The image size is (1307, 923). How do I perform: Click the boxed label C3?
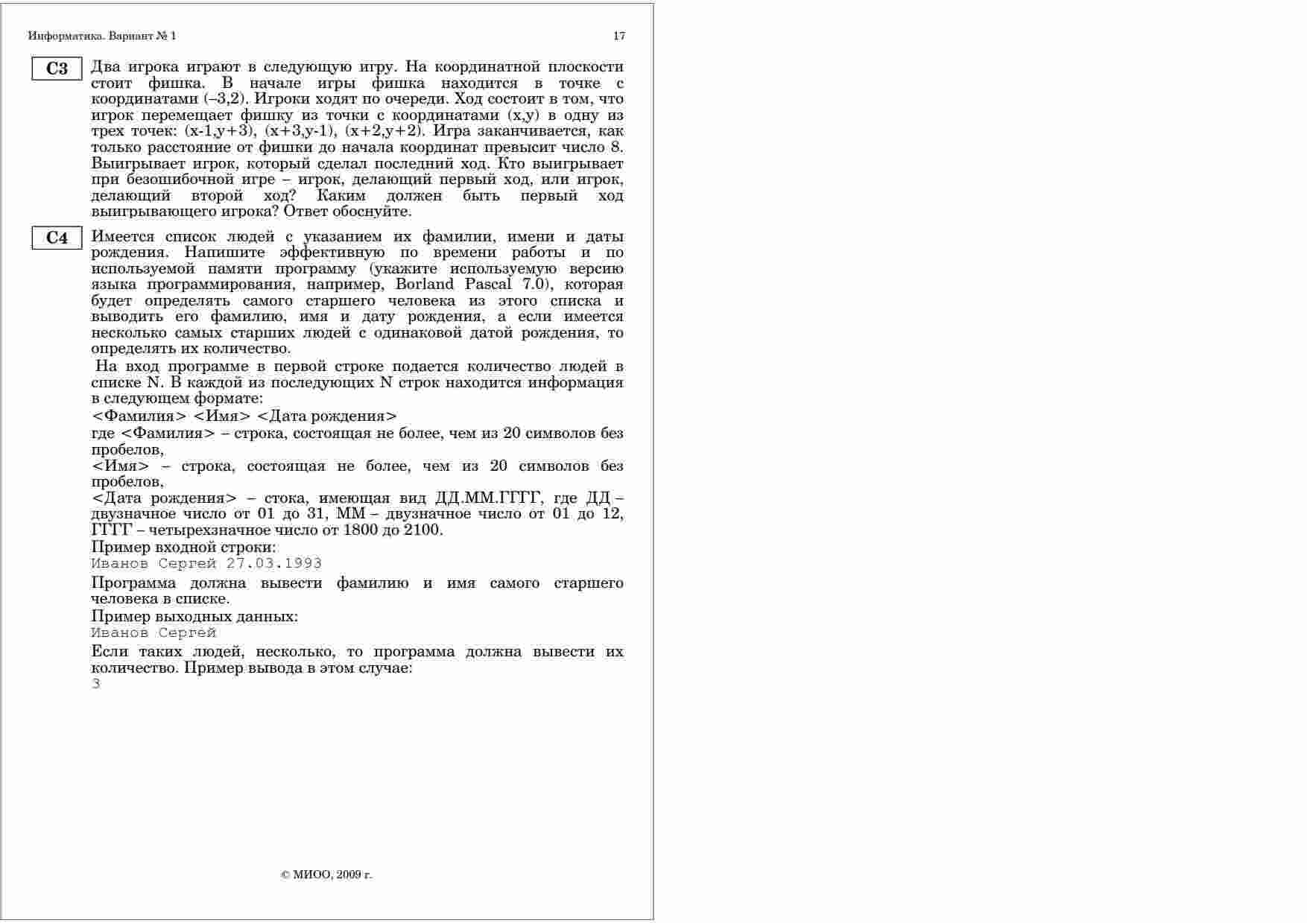click(x=57, y=69)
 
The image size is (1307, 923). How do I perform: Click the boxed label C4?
click(x=57, y=238)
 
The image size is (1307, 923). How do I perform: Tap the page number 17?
click(x=619, y=36)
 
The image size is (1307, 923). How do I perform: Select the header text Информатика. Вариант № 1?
click(x=102, y=36)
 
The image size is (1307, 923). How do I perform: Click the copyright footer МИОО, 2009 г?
click(x=326, y=875)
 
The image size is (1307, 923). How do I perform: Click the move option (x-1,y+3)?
click(x=220, y=131)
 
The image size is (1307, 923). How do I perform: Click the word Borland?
click(x=425, y=285)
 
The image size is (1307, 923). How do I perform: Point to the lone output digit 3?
click(x=95, y=684)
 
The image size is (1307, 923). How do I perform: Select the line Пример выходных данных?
click(x=194, y=617)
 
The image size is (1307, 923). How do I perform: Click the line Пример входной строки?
click(x=183, y=548)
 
